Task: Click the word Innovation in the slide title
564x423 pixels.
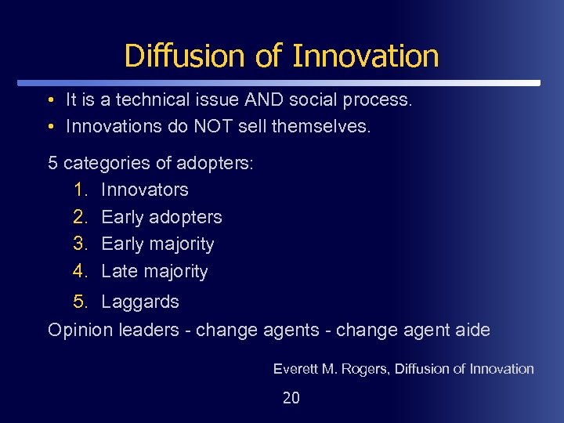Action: coord(365,56)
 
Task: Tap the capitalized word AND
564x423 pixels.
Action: coord(268,100)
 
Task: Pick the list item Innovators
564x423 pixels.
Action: coord(145,190)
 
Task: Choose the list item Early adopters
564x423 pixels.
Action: coord(161,217)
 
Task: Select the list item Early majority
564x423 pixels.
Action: coord(157,244)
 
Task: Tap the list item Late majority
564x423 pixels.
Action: coord(154,271)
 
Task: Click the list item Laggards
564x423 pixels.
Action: coord(140,302)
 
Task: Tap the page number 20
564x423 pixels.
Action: coord(291,398)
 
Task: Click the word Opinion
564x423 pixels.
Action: coord(81,330)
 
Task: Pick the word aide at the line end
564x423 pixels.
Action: coord(472,330)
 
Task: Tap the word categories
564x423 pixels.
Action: coord(103,163)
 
